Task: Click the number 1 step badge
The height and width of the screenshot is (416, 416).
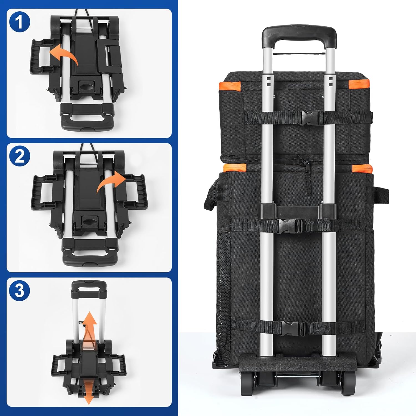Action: click(x=19, y=22)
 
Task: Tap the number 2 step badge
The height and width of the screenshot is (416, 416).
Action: click(x=19, y=156)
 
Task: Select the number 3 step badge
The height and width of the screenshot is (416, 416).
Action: click(x=19, y=291)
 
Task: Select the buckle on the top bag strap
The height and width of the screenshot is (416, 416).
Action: click(x=312, y=118)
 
